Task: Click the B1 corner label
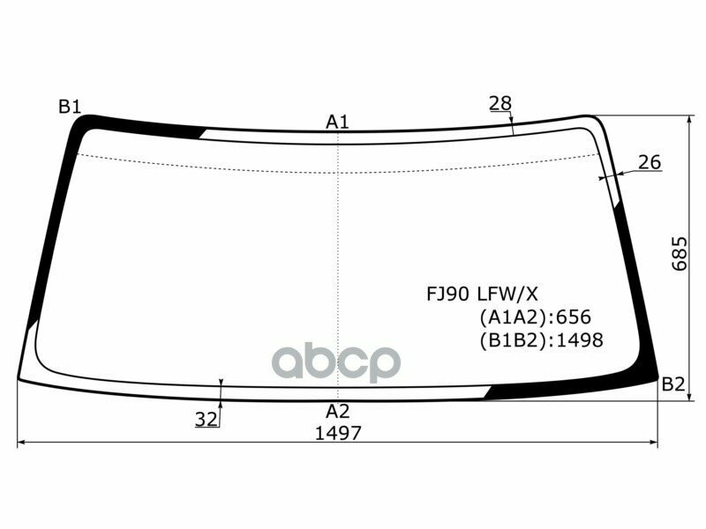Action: (70, 107)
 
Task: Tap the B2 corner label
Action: (673, 384)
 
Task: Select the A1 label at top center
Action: (338, 122)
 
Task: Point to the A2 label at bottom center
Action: (338, 411)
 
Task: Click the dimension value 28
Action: (500, 103)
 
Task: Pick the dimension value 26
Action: (650, 162)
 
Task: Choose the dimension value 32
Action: (207, 420)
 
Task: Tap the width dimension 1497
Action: (338, 433)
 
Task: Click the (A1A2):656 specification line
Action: (535, 317)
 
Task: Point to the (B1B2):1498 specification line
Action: (541, 339)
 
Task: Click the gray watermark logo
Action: (336, 361)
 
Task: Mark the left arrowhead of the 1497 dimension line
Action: (22, 443)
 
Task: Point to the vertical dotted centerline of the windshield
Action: (338, 264)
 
